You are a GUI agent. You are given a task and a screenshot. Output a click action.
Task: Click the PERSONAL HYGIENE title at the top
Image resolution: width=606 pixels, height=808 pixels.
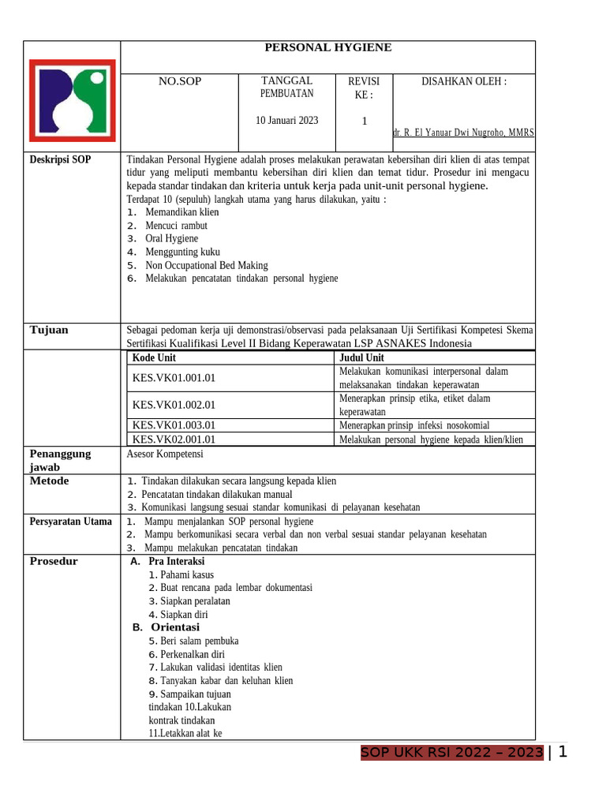(x=327, y=48)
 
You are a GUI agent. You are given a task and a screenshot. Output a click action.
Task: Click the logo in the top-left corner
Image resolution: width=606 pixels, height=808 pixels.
(x=72, y=95)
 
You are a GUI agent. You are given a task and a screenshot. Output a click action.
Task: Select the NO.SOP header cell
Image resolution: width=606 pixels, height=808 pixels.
(x=180, y=81)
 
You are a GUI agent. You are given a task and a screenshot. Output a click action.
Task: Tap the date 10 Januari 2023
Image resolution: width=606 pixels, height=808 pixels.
(x=287, y=121)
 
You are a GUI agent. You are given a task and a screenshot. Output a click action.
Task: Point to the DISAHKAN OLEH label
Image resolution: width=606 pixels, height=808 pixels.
(x=464, y=81)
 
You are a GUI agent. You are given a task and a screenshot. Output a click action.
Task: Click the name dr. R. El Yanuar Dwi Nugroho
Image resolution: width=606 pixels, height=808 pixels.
(x=463, y=133)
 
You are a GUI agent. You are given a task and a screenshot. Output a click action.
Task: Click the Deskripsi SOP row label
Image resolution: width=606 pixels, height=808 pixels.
(x=60, y=159)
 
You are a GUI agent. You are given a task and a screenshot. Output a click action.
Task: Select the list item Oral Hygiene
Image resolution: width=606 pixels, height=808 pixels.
(x=172, y=238)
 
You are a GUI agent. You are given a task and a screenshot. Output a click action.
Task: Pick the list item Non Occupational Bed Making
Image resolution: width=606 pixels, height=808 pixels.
(x=207, y=265)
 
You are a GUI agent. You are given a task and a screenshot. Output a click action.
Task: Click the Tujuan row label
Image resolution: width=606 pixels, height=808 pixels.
(x=49, y=330)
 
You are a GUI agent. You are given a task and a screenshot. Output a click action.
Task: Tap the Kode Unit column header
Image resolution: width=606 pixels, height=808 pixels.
(x=155, y=357)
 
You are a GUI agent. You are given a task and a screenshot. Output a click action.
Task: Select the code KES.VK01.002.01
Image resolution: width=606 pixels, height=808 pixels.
(x=174, y=405)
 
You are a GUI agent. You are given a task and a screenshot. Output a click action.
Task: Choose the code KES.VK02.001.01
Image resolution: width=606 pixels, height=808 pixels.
(x=174, y=440)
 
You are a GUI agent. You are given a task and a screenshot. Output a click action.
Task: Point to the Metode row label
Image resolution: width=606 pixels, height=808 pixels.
(x=49, y=481)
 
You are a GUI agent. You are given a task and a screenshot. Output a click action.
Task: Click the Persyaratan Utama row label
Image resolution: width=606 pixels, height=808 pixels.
(x=70, y=522)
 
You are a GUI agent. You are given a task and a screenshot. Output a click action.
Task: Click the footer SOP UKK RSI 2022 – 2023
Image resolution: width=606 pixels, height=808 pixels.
(x=452, y=753)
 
